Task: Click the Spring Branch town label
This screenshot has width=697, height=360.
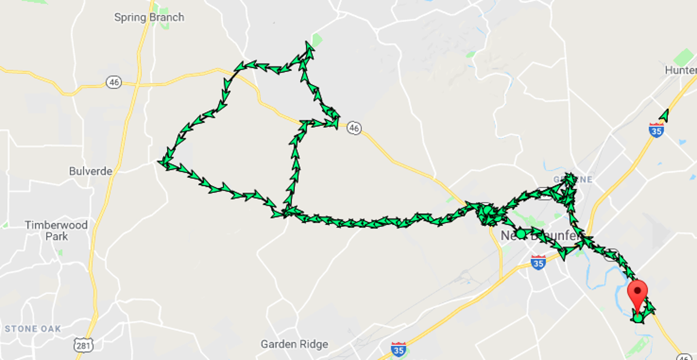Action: coord(149,17)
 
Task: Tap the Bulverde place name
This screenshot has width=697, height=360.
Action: coord(90,171)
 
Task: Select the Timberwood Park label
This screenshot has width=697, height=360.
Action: coord(56,231)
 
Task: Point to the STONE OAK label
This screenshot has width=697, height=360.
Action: coord(33,329)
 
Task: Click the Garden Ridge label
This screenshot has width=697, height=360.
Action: coord(294,344)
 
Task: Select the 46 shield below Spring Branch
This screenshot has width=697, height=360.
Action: coord(114,82)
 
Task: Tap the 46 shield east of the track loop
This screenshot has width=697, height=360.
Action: coord(354,128)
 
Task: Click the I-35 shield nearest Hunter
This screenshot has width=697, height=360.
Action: coord(656,129)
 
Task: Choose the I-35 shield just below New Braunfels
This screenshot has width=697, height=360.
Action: coord(538,262)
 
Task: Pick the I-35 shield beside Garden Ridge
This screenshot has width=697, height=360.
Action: coord(398,349)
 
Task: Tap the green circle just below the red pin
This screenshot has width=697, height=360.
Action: coord(638,318)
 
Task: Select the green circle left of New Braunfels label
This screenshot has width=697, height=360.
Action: coord(520,233)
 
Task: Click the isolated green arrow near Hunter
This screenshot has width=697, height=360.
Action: coord(664,115)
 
